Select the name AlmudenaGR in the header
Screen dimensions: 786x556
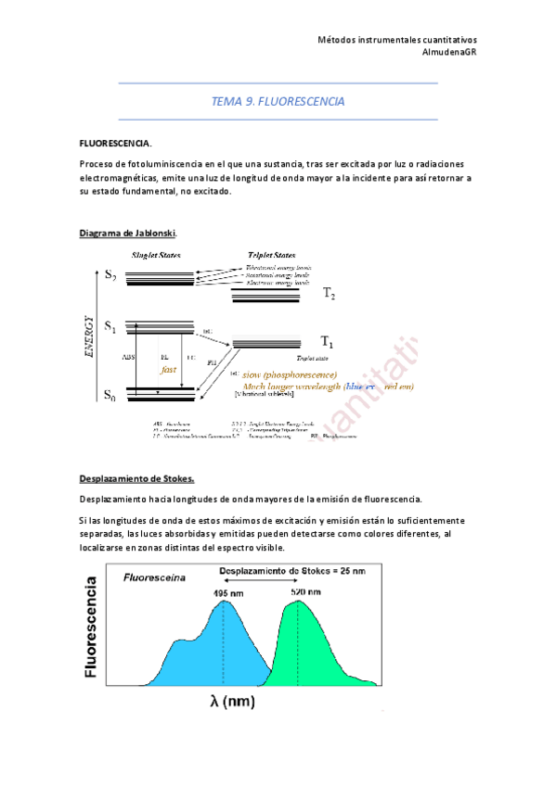pos(449,52)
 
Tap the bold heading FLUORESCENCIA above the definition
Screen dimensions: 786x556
pos(116,144)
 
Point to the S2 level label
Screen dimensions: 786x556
pos(110,274)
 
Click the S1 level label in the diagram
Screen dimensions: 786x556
pos(110,325)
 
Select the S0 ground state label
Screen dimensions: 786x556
pos(110,396)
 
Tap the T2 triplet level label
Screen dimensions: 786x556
pos(329,293)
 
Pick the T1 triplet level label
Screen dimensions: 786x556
pos(327,341)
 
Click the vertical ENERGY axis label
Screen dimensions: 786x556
pos(90,335)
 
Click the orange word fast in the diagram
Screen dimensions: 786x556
pos(168,369)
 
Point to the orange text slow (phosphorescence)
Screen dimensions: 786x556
pos(290,374)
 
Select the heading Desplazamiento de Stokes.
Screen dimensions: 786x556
pos(136,478)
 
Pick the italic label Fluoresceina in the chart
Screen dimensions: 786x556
pos(154,577)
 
